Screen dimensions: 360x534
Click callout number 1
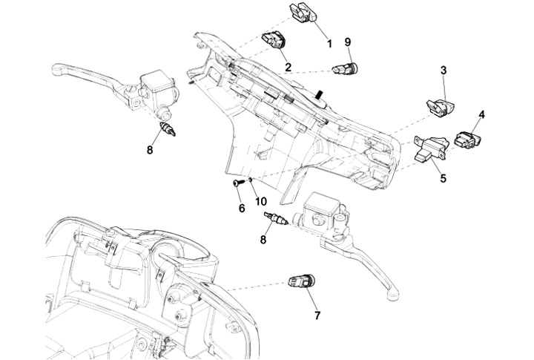coord(329,45)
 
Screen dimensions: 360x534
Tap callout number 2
coord(287,66)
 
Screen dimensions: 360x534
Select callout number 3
coord(443,71)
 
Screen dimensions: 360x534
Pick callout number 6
coord(241,209)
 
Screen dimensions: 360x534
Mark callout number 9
coord(348,42)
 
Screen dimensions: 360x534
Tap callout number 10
coord(260,200)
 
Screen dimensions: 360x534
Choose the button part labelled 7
coord(303,282)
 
